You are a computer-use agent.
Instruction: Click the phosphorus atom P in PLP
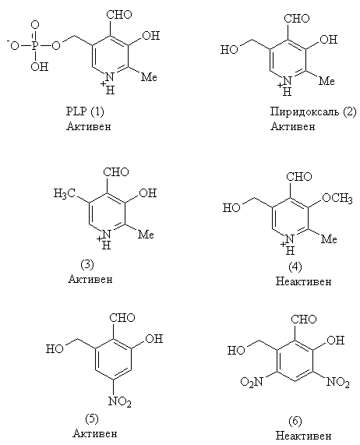[x=35, y=45]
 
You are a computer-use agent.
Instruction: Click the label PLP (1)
[x=85, y=111]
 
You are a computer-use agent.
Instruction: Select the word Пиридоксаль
[x=305, y=111]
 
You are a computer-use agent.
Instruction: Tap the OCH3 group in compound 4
[x=337, y=198]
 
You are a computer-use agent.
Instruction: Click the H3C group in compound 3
[x=65, y=193]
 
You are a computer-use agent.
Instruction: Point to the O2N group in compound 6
[x=252, y=382]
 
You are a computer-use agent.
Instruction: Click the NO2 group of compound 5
[x=120, y=401]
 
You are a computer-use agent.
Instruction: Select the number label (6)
[x=295, y=421]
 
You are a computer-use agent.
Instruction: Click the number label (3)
[x=87, y=264]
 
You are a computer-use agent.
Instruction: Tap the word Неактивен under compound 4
[x=303, y=281]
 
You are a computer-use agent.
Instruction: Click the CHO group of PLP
[x=119, y=15]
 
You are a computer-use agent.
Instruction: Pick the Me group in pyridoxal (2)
[x=326, y=81]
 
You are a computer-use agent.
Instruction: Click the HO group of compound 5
[x=55, y=348]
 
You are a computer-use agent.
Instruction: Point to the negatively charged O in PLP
[x=13, y=45]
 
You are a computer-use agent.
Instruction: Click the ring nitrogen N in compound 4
[x=289, y=239]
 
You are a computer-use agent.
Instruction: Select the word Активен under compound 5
[x=95, y=433]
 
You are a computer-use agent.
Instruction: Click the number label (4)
[x=295, y=267]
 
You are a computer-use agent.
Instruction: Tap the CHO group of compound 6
[x=304, y=320]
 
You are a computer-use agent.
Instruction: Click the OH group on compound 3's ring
[x=148, y=193]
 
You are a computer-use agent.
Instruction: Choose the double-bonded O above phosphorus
[x=35, y=26]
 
